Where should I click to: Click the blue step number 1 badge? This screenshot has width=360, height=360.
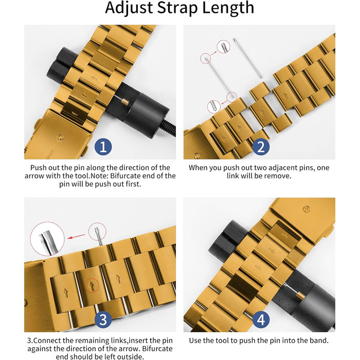pyautogui.click(x=103, y=147)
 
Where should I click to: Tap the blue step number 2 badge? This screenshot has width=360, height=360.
pyautogui.click(x=261, y=147)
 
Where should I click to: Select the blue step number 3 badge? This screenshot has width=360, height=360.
pyautogui.click(x=103, y=319)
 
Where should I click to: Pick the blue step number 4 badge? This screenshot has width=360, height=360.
pyautogui.click(x=261, y=319)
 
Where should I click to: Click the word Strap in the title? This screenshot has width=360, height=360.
pyautogui.click(x=177, y=8)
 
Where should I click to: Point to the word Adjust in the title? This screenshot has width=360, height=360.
pyautogui.click(x=129, y=8)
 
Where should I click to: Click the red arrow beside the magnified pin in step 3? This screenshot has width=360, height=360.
pyautogui.click(x=76, y=237)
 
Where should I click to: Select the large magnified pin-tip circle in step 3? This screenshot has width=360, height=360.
pyautogui.click(x=47, y=239)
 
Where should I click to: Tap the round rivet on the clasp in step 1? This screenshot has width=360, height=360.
pyautogui.click(x=60, y=137)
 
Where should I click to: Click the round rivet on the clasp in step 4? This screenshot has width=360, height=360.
pyautogui.click(x=306, y=209)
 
